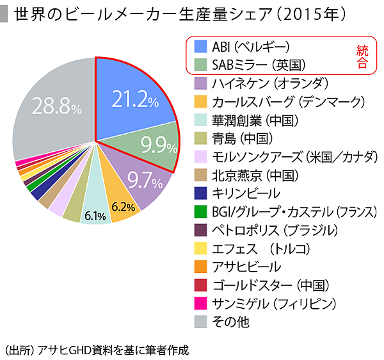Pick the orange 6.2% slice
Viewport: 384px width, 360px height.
point(123,206)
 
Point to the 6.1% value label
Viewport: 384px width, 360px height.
point(96,216)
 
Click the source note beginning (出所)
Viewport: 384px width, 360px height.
point(97,350)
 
